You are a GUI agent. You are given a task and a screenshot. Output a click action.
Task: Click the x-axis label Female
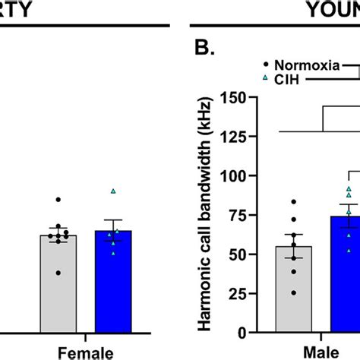click(x=88, y=352)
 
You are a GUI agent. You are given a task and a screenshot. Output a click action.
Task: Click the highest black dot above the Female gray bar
click(x=58, y=200)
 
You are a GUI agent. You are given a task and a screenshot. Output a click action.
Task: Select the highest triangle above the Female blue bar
click(x=113, y=191)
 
